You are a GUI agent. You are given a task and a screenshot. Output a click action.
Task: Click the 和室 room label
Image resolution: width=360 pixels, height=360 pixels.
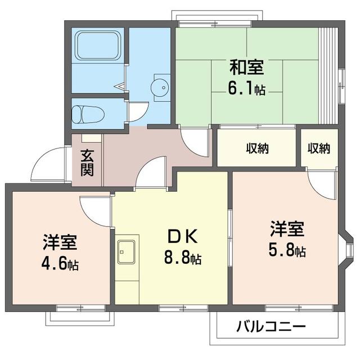tap(246, 67)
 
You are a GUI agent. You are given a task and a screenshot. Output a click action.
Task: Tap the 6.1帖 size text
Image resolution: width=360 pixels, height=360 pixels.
tap(247, 88)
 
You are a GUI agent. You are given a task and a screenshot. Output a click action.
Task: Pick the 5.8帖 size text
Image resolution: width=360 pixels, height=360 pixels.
tap(287, 251)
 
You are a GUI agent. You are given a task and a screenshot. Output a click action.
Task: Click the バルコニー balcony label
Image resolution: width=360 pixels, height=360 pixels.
tap(271, 326)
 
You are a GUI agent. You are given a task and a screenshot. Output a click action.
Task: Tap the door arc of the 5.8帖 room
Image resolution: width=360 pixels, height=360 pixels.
tap(323, 184)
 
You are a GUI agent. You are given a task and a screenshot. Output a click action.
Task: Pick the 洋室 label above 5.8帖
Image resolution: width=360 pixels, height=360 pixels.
tap(287, 230)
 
